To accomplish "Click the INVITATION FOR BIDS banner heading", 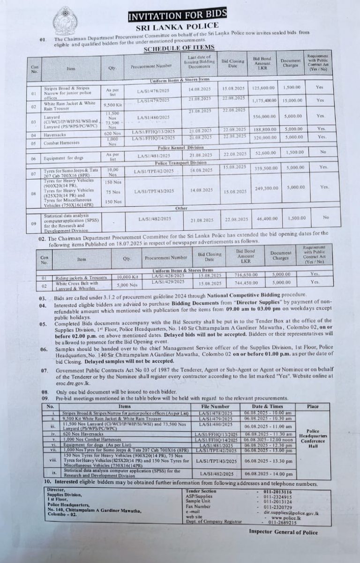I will coord(177,16).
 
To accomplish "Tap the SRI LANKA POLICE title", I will coord(177,26).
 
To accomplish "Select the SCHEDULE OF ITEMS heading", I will coord(179,47).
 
